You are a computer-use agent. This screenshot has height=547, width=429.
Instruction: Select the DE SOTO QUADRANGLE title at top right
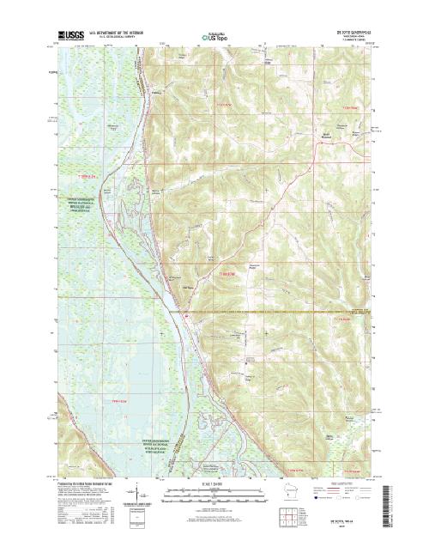click(348, 32)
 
